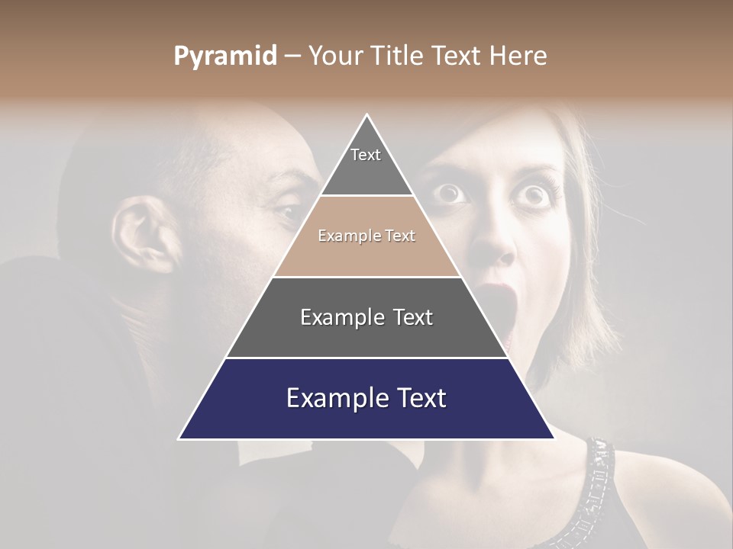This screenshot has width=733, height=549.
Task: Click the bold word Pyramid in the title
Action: (x=224, y=56)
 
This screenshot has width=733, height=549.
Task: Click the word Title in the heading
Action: (x=400, y=56)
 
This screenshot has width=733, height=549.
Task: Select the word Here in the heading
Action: (x=518, y=56)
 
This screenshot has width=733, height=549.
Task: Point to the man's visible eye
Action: (x=291, y=212)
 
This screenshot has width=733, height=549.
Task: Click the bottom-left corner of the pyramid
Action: (x=179, y=438)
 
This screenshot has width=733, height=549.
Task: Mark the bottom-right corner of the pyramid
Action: (x=554, y=438)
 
